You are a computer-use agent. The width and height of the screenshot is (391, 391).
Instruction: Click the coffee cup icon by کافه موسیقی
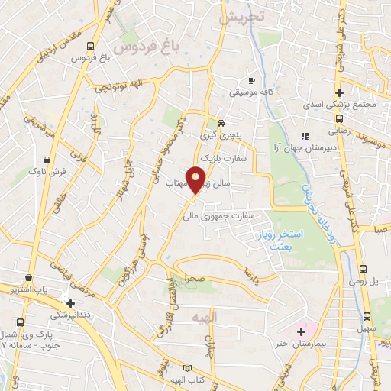251,80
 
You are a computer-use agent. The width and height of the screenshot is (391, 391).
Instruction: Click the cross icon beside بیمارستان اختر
301,332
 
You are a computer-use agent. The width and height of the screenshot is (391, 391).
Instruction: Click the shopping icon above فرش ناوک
48,160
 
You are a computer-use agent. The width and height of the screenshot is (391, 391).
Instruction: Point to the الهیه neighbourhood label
205,315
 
